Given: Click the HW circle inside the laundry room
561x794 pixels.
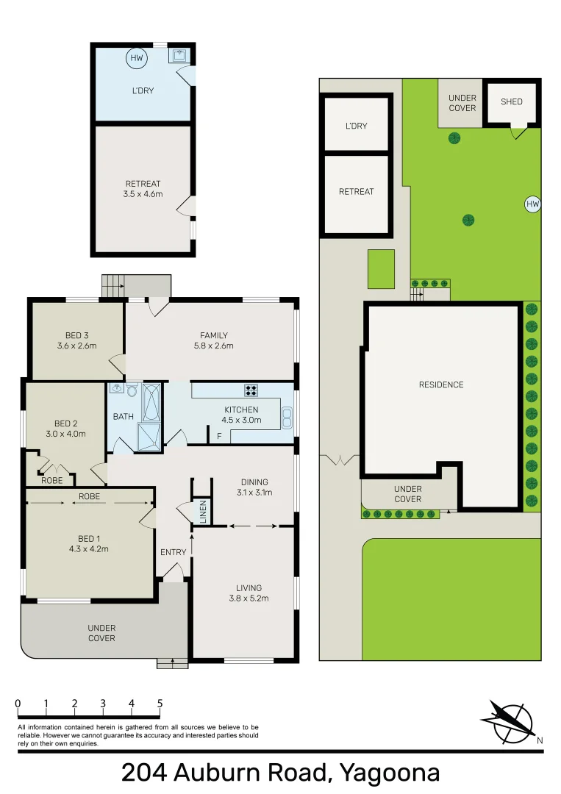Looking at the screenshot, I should click(137, 58).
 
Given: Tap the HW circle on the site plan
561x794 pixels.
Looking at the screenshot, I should click(532, 204).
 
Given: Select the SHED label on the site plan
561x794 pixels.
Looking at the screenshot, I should click(512, 101).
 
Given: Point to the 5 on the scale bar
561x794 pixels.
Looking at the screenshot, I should click(160, 704).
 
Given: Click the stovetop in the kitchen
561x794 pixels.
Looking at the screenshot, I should click(251, 391).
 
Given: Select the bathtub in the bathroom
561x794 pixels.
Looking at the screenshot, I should click(151, 402).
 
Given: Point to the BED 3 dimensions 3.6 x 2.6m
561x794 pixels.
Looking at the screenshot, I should click(77, 346).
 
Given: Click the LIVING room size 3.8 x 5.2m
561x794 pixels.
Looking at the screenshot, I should click(249, 598).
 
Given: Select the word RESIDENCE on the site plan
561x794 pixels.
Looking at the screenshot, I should click(441, 385).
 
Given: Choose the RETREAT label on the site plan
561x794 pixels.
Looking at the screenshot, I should click(356, 191).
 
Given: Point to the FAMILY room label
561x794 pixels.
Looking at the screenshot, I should click(213, 336).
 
